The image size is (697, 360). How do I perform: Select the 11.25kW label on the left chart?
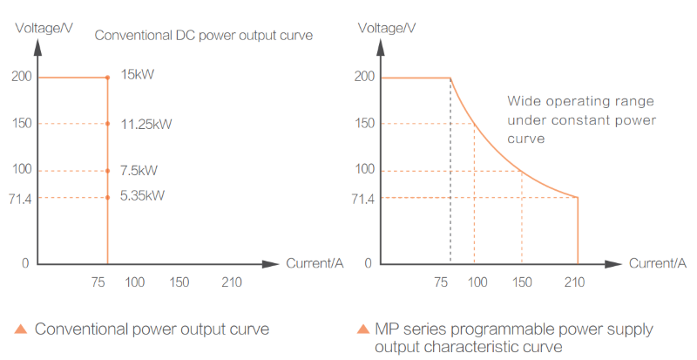(146, 123)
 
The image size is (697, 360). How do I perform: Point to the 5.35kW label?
(143, 196)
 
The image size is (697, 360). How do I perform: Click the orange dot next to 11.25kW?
(107, 124)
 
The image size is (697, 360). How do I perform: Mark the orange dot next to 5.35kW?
(107, 197)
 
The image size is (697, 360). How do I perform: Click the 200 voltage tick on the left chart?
(22, 76)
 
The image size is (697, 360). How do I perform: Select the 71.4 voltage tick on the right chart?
(362, 200)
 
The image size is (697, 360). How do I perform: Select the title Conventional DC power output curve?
(203, 36)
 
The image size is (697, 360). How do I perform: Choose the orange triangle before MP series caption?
(362, 329)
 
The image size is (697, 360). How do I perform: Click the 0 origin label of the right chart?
(369, 262)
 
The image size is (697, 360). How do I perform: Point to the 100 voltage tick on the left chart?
(22, 169)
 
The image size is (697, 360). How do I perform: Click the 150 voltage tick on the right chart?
(364, 123)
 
